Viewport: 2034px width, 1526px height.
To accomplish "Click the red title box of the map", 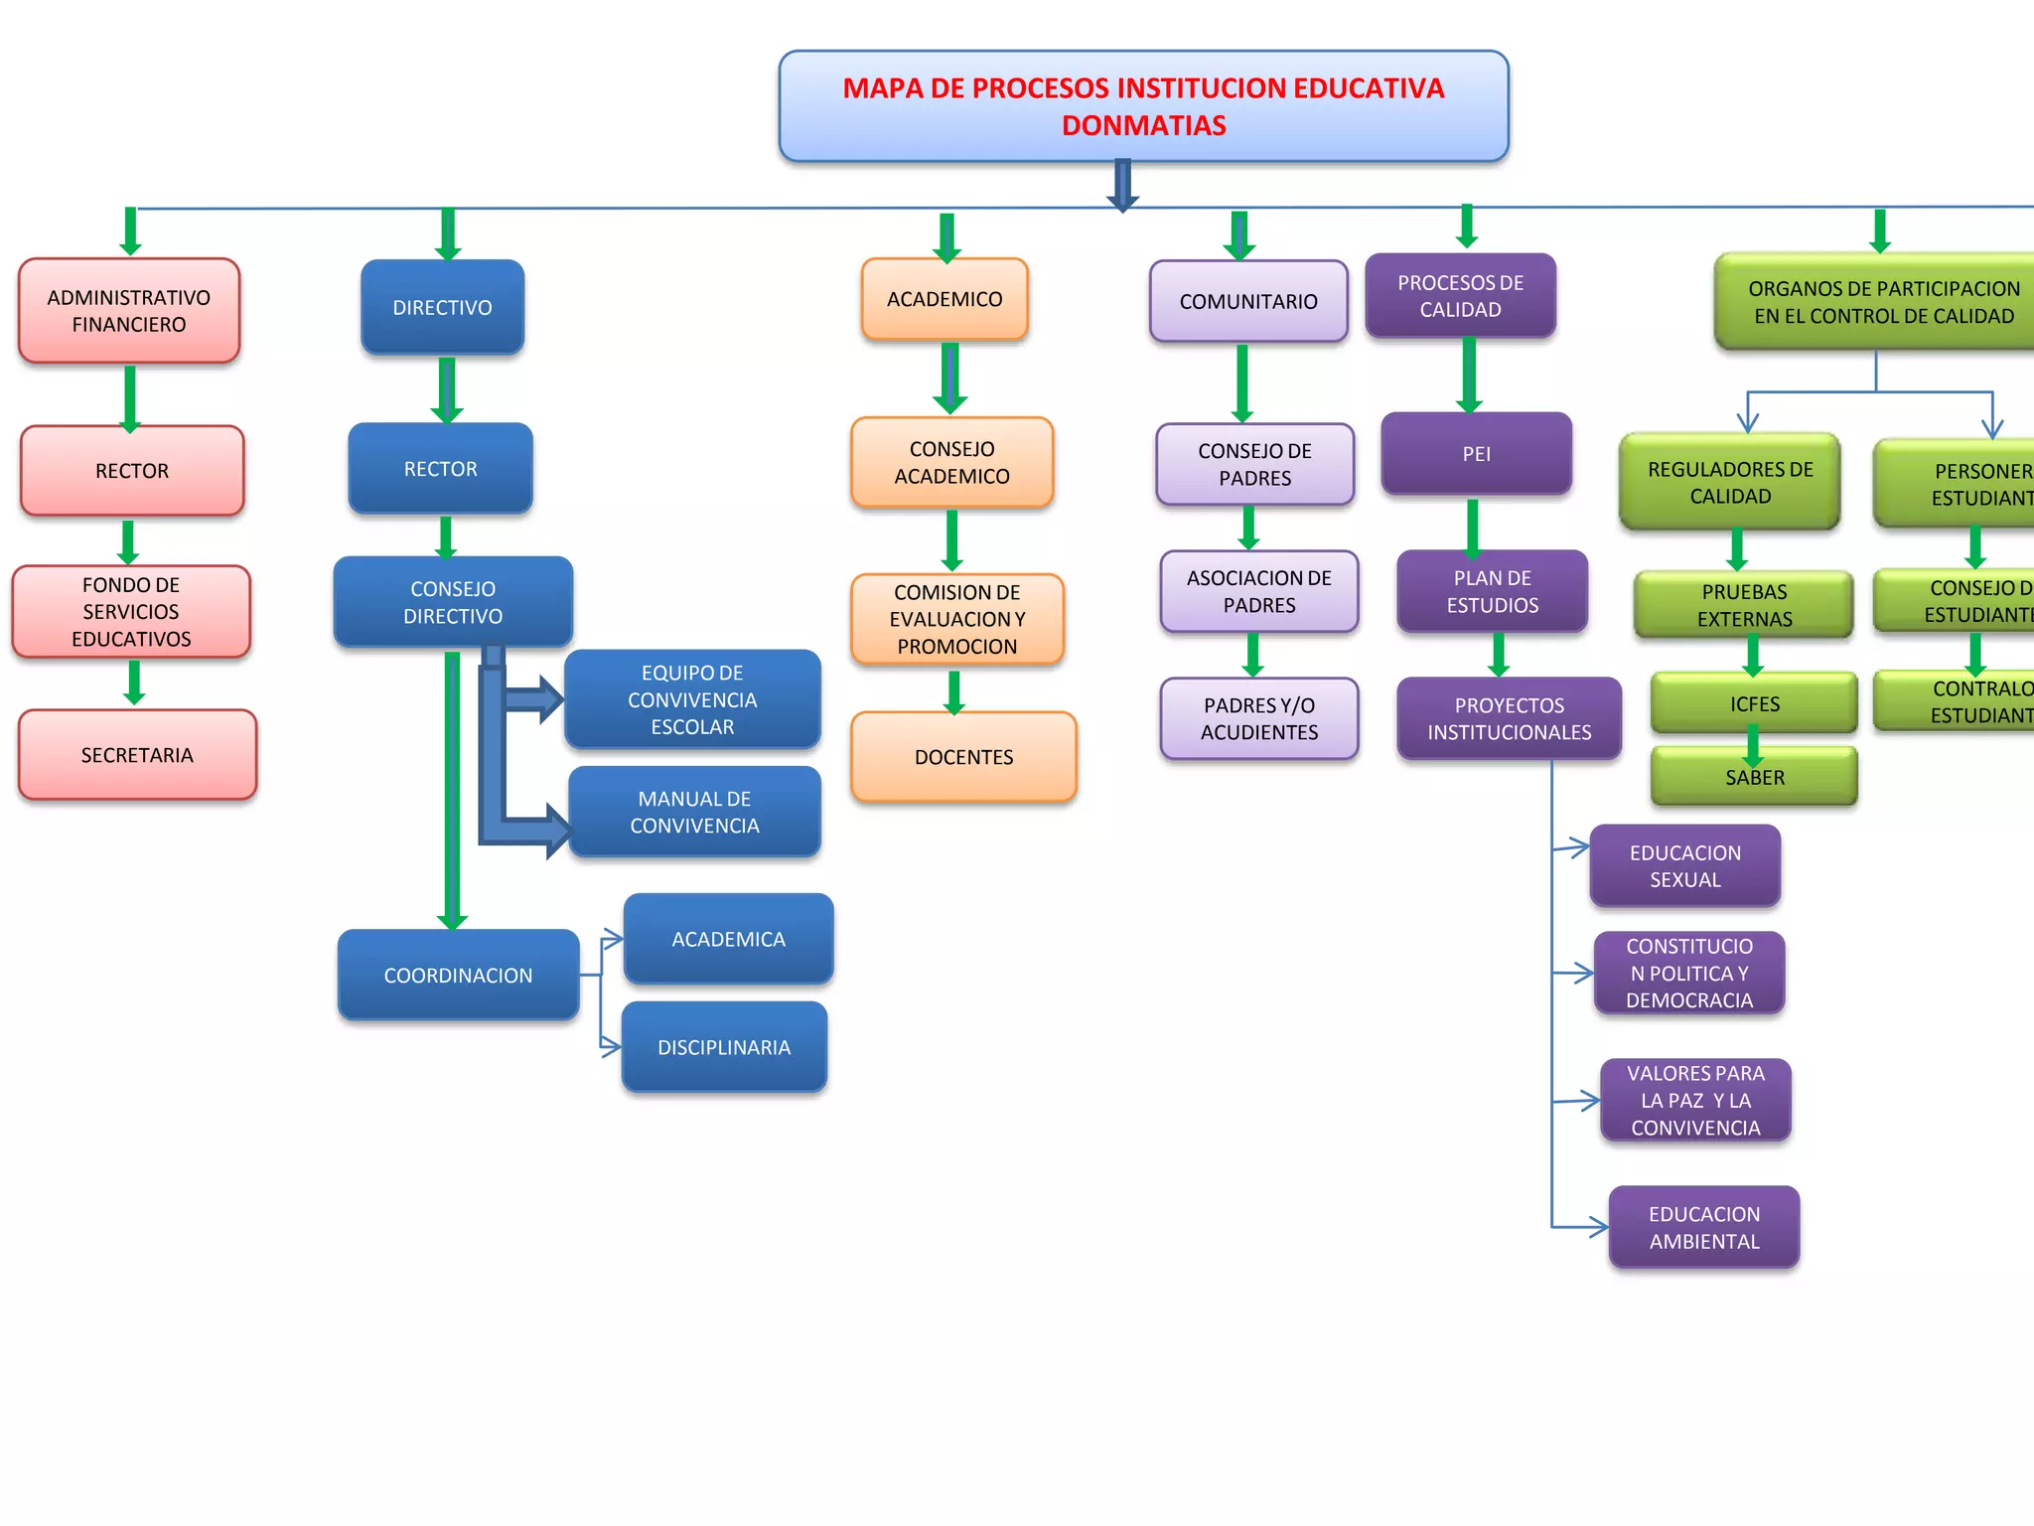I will pos(1143,106).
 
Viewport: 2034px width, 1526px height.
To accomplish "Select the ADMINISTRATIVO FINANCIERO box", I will pos(129,311).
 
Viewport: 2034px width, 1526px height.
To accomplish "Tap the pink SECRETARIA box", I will pos(137,755).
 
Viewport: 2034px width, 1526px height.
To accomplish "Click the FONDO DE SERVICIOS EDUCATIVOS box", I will pos(131,612).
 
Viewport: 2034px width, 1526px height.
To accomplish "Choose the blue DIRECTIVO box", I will pos(442,308).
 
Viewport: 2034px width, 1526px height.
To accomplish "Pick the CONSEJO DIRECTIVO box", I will pos(453,602).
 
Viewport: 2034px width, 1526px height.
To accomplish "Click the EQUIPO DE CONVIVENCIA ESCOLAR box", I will pos(692,699).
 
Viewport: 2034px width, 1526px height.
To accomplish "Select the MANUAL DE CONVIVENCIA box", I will pos(694,813).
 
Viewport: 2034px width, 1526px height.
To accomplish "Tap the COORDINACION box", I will pos(458,976).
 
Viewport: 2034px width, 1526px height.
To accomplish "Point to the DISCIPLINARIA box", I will pos(724,1047).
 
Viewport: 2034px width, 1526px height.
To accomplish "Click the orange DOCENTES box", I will pos(963,757).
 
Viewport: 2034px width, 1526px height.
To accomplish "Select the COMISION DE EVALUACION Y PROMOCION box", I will pos(956,619).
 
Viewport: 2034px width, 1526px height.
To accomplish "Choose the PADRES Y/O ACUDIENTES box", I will pos(1258,718).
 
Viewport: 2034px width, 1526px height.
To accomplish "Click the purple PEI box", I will pos(1476,454).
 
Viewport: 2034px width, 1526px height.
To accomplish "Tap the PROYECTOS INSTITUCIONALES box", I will pos(1509,718).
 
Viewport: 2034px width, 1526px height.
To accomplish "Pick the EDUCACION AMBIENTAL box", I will pos(1703,1228).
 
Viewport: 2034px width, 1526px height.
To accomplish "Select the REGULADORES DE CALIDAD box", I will pos(1729,483).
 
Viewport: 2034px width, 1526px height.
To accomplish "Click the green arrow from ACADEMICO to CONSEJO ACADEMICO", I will pos(950,379).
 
